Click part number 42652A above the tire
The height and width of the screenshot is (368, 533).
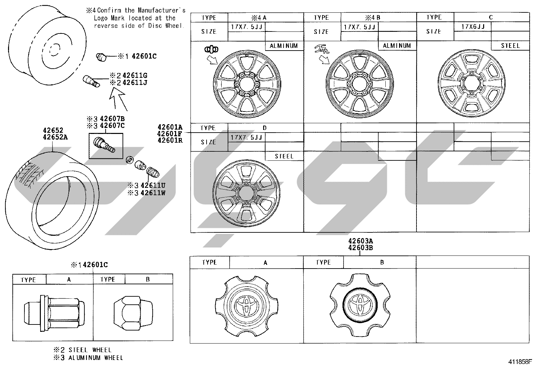click(x=55, y=137)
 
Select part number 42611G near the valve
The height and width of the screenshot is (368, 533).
click(x=135, y=75)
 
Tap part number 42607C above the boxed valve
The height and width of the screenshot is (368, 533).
click(x=112, y=126)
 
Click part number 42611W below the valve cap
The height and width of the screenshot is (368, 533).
click(x=153, y=193)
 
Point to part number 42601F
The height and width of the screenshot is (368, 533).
click(x=169, y=134)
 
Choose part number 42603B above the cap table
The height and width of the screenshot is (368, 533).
click(x=361, y=248)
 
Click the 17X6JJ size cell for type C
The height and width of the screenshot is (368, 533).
click(x=472, y=27)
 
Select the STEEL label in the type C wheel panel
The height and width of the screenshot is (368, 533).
click(x=510, y=46)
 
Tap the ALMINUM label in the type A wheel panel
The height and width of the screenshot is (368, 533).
click(x=284, y=46)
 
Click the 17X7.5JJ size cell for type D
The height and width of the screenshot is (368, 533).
click(x=246, y=137)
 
